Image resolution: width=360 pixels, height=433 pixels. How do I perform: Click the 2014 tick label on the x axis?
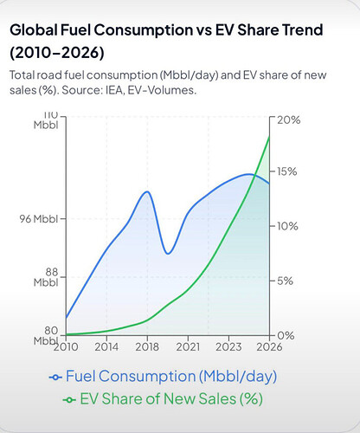(106, 346)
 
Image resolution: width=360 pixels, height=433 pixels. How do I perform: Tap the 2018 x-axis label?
(147, 346)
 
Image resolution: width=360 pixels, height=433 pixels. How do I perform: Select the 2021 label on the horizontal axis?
(188, 346)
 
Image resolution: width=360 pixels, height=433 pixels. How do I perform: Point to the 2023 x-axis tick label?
(228, 346)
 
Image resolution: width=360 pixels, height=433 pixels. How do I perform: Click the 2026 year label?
(269, 346)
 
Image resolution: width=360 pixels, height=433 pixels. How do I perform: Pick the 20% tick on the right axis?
(289, 120)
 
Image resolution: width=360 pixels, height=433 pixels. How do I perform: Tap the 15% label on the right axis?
(286, 171)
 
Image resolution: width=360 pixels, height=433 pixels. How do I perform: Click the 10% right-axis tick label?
(287, 226)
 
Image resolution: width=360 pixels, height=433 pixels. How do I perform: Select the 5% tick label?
(285, 281)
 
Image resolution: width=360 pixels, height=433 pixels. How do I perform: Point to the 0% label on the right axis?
(286, 335)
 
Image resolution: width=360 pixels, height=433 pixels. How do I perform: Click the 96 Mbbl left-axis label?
(39, 219)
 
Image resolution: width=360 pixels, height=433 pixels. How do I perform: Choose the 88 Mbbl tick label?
(46, 277)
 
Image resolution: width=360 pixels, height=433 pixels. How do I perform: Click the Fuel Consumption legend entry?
(163, 377)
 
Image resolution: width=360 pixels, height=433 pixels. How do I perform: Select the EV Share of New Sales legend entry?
(163, 399)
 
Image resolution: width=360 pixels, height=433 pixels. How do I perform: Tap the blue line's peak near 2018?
(147, 191)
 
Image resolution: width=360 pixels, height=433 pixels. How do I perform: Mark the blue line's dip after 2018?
(168, 254)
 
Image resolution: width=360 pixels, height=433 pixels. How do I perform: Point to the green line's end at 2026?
(269, 136)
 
